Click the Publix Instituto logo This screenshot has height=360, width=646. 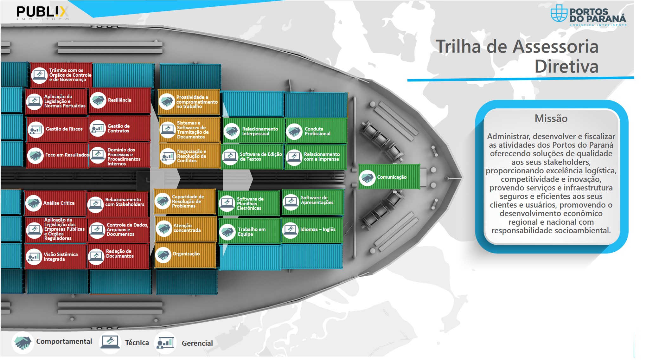coord(42,13)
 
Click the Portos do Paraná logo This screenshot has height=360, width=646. coord(588,16)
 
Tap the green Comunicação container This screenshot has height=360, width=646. coord(389,177)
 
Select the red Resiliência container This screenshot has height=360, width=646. coord(119,100)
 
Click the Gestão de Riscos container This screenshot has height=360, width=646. coord(57,129)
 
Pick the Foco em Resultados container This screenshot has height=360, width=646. coord(57,155)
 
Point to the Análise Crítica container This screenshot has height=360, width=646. coord(55,203)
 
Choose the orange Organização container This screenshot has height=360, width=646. coord(185,254)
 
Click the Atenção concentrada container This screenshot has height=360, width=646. coord(186,228)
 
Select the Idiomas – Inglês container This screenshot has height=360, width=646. coord(312,229)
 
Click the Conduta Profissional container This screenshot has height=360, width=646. coord(316,131)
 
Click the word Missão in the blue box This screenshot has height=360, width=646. coord(551,119)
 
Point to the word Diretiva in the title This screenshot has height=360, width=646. coord(566,67)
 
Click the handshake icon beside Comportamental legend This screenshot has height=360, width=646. coord(22,342)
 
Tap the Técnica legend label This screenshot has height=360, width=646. coord(137,343)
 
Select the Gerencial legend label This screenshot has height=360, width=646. coord(197,343)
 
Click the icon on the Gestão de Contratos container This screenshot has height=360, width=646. coord(98,129)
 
